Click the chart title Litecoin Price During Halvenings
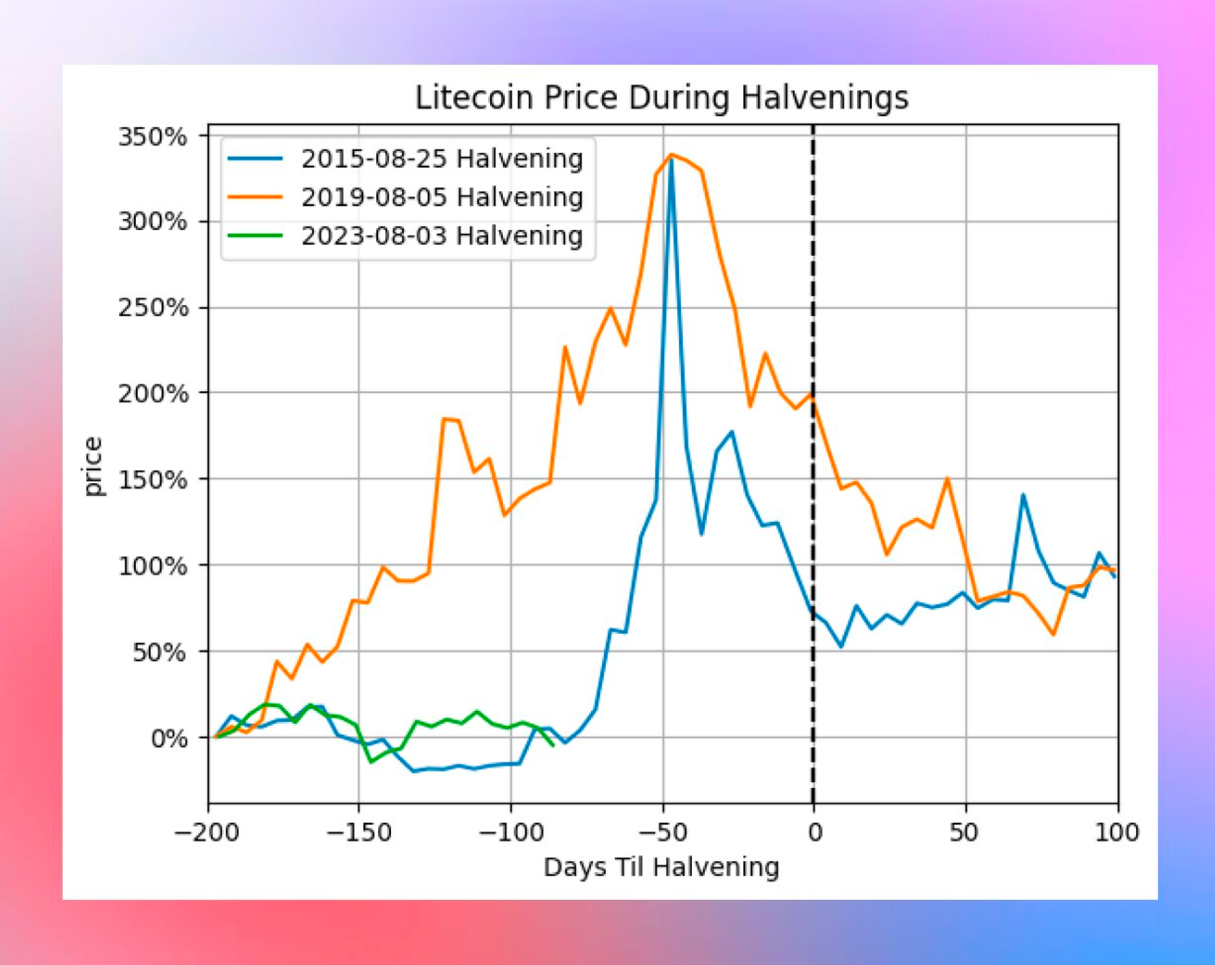[662, 98]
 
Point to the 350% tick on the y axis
[153, 137]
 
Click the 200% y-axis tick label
[153, 394]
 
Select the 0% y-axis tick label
[169, 739]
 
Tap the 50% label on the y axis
[159, 652]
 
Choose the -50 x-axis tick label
[663, 832]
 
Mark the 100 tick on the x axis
[1116, 832]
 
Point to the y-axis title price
[93, 466]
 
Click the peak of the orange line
[671, 155]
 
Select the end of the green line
[553, 745]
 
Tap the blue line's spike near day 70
[1023, 495]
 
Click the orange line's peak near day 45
[948, 478]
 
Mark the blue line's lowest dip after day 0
[842, 646]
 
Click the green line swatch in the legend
[255, 236]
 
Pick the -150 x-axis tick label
[359, 832]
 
